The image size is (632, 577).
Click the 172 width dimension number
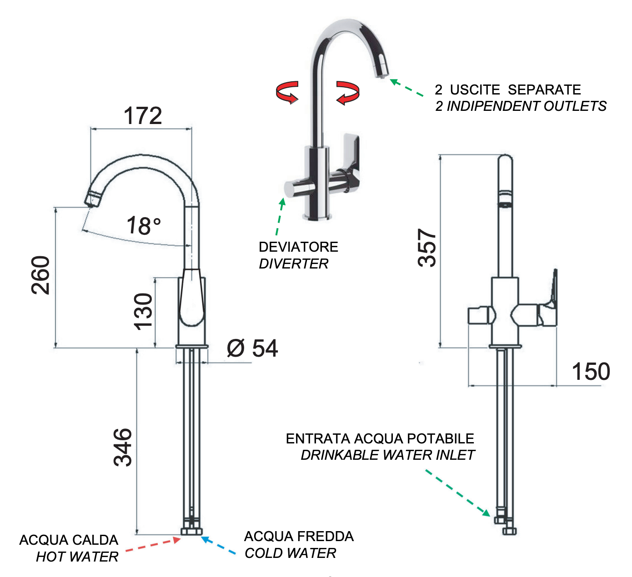143,116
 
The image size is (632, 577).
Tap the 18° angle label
144,226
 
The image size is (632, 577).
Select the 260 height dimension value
41,275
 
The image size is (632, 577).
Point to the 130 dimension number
143,311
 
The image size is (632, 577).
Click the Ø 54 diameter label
252,348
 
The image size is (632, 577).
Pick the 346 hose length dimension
123,447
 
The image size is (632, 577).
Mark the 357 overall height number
427,248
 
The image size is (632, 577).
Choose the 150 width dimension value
591,372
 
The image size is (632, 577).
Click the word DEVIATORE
298,247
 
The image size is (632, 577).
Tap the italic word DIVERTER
293,264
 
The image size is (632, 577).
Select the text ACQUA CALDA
69,540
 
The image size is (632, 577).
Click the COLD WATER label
290,553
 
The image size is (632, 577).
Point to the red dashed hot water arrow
153,545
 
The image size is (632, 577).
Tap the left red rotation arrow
287,92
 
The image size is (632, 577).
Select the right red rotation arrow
348,92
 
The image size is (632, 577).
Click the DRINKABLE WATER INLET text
387,455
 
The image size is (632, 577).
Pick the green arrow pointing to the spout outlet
406,88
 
